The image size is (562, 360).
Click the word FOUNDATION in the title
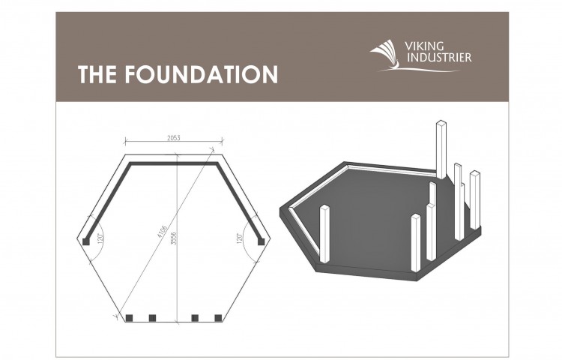pyautogui.click(x=201, y=74)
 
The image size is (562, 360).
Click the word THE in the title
pyautogui.click(x=97, y=74)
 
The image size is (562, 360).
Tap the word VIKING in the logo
pyautogui.click(x=424, y=46)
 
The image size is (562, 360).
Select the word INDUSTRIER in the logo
pyautogui.click(x=438, y=57)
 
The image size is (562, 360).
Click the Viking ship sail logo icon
pyautogui.click(x=384, y=54)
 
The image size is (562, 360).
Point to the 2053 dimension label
pyautogui.click(x=174, y=138)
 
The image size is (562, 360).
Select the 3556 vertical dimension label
pyautogui.click(x=174, y=238)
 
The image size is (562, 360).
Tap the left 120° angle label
pyautogui.click(x=100, y=238)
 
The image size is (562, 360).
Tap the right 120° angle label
pyautogui.click(x=240, y=238)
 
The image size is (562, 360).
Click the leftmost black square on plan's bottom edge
pyautogui.click(x=129, y=318)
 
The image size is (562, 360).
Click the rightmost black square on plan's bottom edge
pyautogui.click(x=218, y=318)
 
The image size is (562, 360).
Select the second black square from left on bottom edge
pyautogui.click(x=152, y=318)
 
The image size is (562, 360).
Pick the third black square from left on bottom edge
pyautogui.click(x=195, y=318)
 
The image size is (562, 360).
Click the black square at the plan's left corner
pyautogui.click(x=86, y=241)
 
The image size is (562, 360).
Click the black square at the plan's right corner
pyautogui.click(x=262, y=241)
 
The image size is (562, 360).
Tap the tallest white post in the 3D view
pyautogui.click(x=441, y=149)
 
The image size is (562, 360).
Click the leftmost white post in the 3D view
pyautogui.click(x=324, y=234)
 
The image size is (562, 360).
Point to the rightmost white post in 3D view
pyautogui.click(x=475, y=199)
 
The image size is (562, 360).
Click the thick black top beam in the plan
pyautogui.click(x=174, y=163)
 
